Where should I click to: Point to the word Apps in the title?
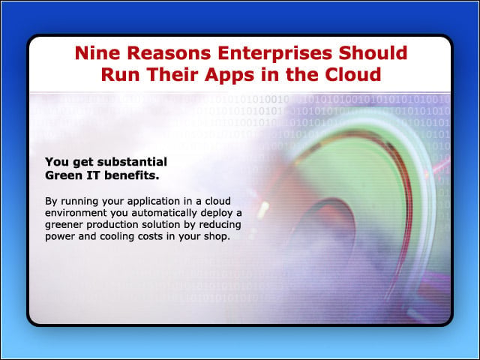click(229, 75)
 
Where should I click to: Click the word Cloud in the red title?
click(353, 74)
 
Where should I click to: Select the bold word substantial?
click(132, 162)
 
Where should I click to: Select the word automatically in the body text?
click(164, 213)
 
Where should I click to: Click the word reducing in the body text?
click(220, 225)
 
